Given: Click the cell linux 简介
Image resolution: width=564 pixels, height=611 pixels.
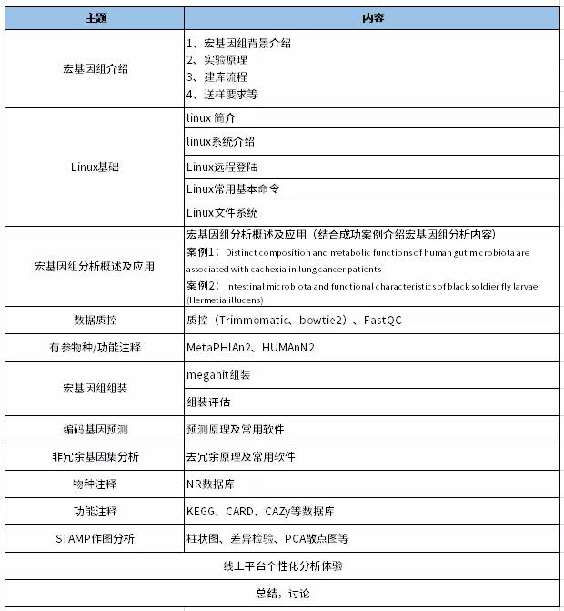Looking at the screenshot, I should (x=211, y=118).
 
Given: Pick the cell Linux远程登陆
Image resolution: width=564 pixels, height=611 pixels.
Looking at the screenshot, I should (x=221, y=167).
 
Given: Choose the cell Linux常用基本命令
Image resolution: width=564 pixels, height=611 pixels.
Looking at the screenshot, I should (x=232, y=189).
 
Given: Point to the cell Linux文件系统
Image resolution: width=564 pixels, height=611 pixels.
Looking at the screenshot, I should (x=221, y=213).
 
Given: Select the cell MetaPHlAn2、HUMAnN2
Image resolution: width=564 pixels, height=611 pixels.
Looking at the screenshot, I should (x=250, y=348).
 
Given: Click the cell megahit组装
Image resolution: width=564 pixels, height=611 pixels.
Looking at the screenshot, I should (x=217, y=374).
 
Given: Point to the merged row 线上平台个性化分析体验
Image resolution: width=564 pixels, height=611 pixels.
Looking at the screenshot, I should (x=282, y=565).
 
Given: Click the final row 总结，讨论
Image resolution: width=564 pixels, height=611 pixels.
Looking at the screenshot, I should (x=282, y=594).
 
